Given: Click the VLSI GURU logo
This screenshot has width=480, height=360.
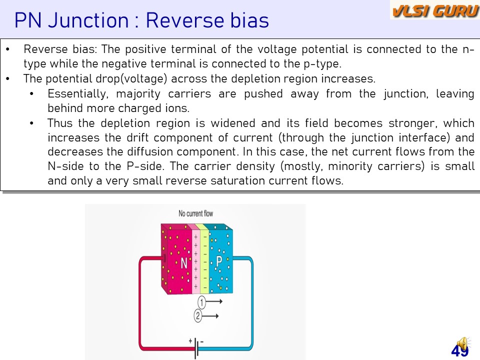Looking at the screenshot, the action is [435, 10].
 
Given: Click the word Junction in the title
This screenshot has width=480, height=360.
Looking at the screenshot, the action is [88, 20].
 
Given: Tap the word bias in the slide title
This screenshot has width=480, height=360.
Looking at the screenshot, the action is [249, 20].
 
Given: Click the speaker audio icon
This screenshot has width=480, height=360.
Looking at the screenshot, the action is [462, 343].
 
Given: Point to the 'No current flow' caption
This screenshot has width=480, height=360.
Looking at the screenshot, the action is [195, 213].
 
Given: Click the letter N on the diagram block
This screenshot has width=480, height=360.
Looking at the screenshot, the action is [183, 263].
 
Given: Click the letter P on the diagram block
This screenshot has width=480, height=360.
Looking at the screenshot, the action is [219, 261].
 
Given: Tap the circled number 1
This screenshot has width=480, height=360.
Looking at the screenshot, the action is [201, 302].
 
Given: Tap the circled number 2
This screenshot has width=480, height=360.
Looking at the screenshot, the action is [198, 315].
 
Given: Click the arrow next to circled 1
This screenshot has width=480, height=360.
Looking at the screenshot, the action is [214, 301].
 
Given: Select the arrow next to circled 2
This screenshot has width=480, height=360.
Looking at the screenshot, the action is [210, 316].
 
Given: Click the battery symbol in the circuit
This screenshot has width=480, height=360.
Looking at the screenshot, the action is [196, 348].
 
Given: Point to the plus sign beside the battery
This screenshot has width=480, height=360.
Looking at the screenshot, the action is [190, 340].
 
